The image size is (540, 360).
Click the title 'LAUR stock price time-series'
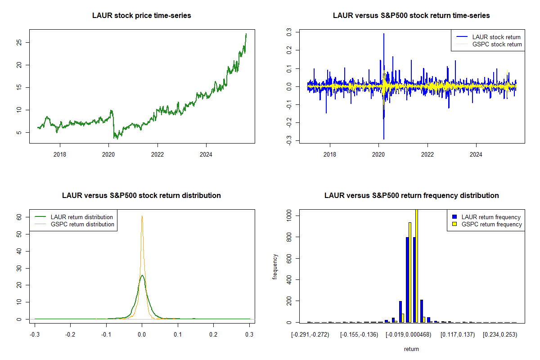(x=142, y=16)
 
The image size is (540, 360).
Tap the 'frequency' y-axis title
(x=275, y=267)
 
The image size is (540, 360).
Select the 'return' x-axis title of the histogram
(x=411, y=349)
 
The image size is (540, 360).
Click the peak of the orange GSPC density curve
(x=142, y=216)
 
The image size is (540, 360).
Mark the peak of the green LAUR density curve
(x=142, y=275)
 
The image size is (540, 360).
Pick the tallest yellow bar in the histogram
(x=417, y=265)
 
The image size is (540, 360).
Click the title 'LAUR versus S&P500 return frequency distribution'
(x=411, y=196)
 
